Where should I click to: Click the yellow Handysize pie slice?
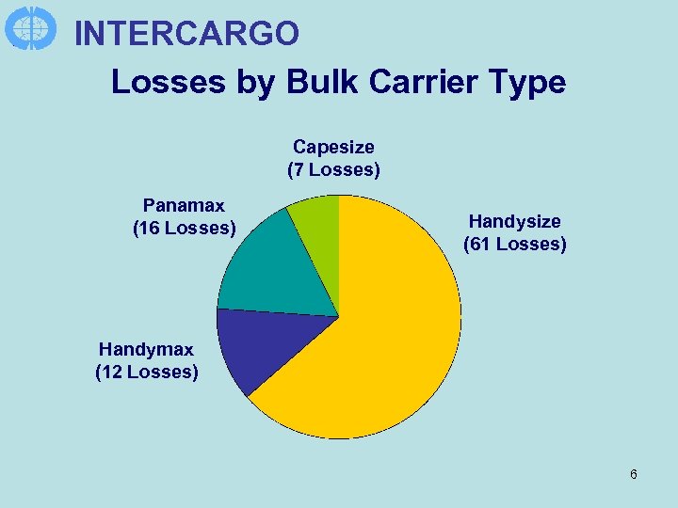[395, 348]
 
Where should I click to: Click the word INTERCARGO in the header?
[186, 34]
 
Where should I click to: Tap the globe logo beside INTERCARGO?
[31, 28]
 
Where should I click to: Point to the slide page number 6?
[634, 474]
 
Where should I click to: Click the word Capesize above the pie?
[333, 147]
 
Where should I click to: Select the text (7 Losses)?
[333, 170]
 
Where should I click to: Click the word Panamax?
[184, 205]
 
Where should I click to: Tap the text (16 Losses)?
[184, 229]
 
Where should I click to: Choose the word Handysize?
[514, 221]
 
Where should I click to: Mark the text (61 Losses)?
[514, 245]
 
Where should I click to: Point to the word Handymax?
[146, 349]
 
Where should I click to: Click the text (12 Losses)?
[146, 373]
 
